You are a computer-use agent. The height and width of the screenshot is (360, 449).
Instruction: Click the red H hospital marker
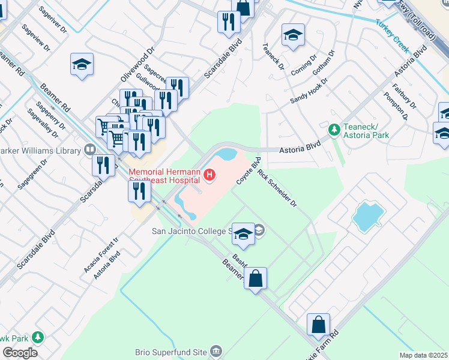pyautogui.click(x=209, y=175)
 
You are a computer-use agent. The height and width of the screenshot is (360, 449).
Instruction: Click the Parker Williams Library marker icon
pyautogui.click(x=89, y=149)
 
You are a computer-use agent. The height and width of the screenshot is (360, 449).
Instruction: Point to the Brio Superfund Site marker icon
pyautogui.click(x=217, y=350)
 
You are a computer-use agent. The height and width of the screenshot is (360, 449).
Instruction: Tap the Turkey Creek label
pyautogui.click(x=392, y=34)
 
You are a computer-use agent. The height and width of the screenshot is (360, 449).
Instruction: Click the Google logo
pyautogui.click(x=20, y=353)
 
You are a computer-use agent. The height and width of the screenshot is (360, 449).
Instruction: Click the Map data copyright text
pyautogui.click(x=423, y=355)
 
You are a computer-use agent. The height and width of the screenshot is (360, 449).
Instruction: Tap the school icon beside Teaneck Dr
pyautogui.click(x=292, y=37)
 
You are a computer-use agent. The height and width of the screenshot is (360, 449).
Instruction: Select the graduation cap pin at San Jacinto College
pyautogui.click(x=243, y=235)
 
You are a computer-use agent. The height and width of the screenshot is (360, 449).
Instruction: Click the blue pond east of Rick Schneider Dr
pyautogui.click(x=367, y=217)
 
